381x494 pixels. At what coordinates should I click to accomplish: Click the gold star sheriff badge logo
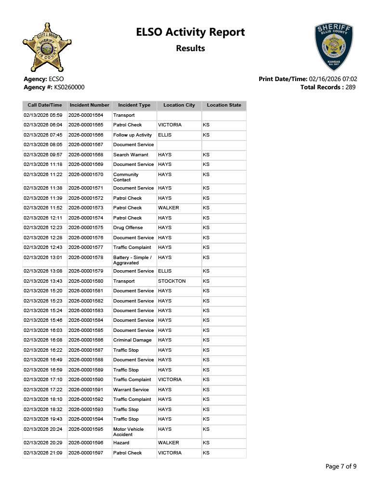pyautogui.click(x=47, y=47)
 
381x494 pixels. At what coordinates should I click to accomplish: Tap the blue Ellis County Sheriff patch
pyautogui.click(x=333, y=47)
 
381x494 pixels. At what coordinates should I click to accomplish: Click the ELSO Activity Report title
pyautogui.click(x=190, y=32)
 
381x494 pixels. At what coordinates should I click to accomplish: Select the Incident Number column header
pyautogui.click(x=90, y=105)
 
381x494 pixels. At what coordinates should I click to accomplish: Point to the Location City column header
pyautogui.click(x=179, y=105)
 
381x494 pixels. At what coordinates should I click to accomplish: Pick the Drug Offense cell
pyautogui.click(x=128, y=228)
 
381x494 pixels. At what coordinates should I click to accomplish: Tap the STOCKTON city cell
pyautogui.click(x=171, y=281)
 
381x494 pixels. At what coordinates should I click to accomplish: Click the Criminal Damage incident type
pyautogui.click(x=132, y=340)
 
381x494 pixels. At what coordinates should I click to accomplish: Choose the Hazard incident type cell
pyautogui.click(x=121, y=443)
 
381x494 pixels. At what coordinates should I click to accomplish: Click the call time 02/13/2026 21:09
pyautogui.click(x=43, y=453)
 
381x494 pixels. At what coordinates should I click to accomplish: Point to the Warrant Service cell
pyautogui.click(x=131, y=389)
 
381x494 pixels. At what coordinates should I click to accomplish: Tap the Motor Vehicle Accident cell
pyautogui.click(x=128, y=432)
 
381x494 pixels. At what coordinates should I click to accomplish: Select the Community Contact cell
pyautogui.click(x=126, y=177)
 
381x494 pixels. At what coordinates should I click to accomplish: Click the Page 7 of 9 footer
pyautogui.click(x=341, y=466)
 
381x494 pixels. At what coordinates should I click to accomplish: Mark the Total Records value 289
pyautogui.click(x=350, y=87)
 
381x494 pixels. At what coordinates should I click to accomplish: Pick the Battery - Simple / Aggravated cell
pyautogui.click(x=132, y=260)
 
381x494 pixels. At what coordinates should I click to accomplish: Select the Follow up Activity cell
pyautogui.click(x=132, y=135)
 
